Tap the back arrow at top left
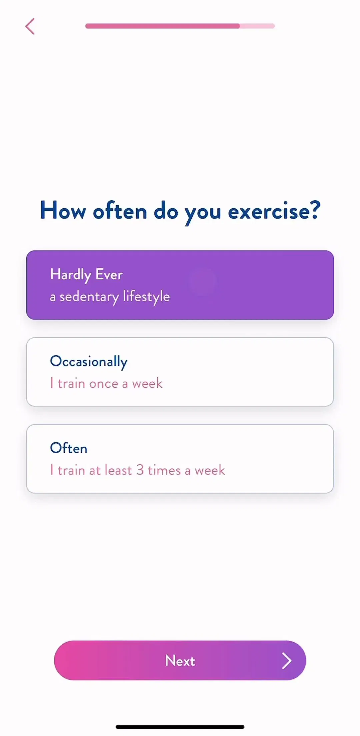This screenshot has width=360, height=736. click(30, 26)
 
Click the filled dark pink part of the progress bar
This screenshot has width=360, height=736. click(163, 26)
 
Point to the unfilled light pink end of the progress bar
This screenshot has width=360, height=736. click(257, 26)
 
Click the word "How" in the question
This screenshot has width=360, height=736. click(63, 211)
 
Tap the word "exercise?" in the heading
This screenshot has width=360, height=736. click(274, 211)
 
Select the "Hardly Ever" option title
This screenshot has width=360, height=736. click(86, 275)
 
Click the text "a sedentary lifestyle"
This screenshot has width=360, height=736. click(110, 297)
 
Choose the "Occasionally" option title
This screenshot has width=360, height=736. click(89, 362)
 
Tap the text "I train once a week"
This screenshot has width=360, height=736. click(106, 383)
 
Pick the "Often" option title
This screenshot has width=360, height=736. click(69, 448)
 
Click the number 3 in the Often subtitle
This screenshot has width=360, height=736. click(140, 470)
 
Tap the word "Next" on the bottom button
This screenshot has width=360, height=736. click(180, 660)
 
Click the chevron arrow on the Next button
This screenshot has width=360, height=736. click(287, 661)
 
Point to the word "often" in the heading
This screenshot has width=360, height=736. click(120, 211)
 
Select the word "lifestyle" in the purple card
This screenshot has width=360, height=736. click(146, 297)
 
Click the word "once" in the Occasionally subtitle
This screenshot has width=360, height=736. click(104, 384)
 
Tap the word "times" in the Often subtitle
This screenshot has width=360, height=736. click(164, 470)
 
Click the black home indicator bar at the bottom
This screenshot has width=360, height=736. click(180, 727)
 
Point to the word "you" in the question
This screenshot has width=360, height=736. click(203, 213)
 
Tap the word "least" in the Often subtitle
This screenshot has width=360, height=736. click(119, 470)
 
